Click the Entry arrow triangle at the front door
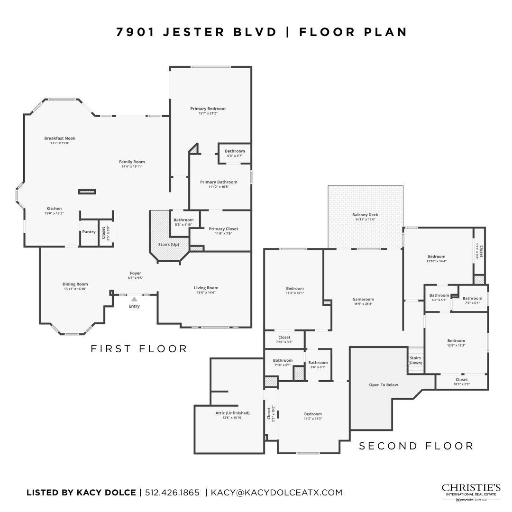tap(134, 299)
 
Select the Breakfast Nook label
tap(60, 138)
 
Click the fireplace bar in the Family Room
tap(87, 192)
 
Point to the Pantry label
tap(89, 232)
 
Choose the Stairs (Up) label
tap(168, 244)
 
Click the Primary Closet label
tap(223, 229)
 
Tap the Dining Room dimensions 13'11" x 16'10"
tap(76, 289)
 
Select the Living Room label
tap(206, 288)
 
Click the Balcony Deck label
tap(365, 215)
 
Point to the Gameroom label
tap(363, 299)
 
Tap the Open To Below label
tap(384, 384)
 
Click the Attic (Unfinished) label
tap(232, 413)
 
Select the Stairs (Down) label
tap(415, 360)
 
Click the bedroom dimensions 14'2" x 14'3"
tap(312, 419)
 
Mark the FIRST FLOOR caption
tap(139, 349)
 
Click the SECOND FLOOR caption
tap(416, 446)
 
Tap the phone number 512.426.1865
tap(172, 493)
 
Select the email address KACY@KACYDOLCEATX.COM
tap(276, 493)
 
